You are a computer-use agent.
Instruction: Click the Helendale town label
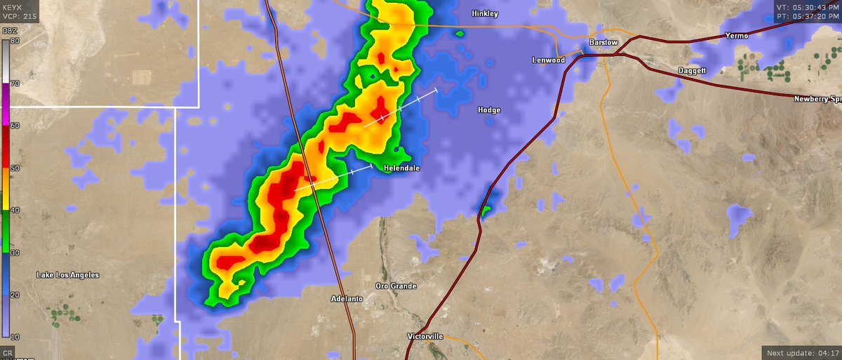pos(402,168)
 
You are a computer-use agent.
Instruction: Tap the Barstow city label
pos(603,43)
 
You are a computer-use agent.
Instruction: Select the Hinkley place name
pos(485,13)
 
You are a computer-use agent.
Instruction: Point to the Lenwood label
pos(548,60)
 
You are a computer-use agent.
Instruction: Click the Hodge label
pos(489,110)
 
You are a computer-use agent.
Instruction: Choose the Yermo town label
pos(737,35)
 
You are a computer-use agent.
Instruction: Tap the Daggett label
pos(695,71)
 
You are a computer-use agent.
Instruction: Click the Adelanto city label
pos(347,299)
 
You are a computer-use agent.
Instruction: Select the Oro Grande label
pos(396,286)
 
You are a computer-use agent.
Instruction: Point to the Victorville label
pos(425,336)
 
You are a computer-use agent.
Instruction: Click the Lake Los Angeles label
pos(67,275)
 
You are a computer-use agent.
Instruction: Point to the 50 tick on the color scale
pos(15,168)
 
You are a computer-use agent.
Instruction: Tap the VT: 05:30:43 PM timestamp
pos(808,6)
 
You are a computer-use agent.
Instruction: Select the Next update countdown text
pos(802,352)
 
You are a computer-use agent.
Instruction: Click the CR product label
pos(8,352)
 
